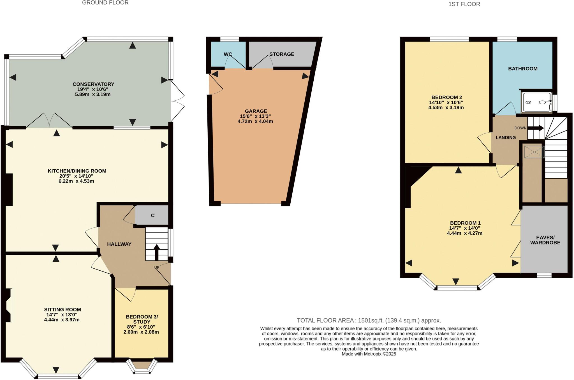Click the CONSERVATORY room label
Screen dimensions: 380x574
93,84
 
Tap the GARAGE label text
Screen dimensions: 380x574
256,111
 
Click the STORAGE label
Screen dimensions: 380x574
282,54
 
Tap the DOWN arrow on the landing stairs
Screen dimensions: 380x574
536,128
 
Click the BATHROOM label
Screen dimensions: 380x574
523,69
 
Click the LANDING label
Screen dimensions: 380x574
506,138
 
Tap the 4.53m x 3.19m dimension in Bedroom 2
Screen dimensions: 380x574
446,107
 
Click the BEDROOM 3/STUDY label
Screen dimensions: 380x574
142,319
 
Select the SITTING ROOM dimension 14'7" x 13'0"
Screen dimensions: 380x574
62,315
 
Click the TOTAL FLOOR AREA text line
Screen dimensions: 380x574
369,320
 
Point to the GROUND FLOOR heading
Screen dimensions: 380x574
105,3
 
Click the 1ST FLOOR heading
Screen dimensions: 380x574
464,4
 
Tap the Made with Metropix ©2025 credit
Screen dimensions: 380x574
369,354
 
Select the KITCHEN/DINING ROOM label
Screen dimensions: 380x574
77,171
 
